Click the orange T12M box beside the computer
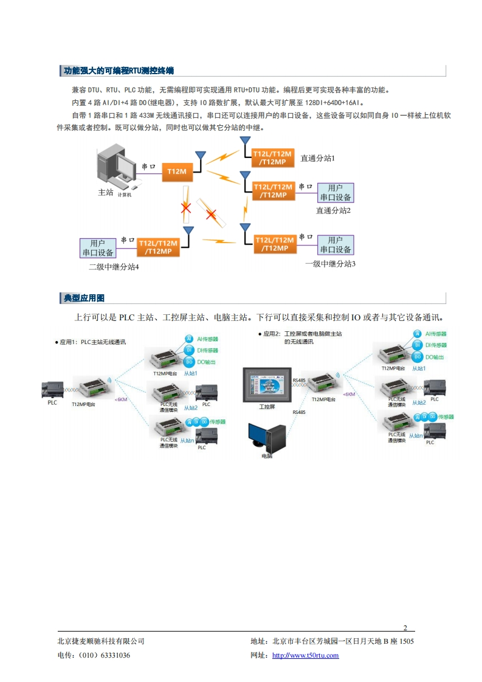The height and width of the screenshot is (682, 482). point(177,172)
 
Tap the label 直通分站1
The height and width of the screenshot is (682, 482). point(318,158)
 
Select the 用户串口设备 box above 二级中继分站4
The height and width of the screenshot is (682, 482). point(97,248)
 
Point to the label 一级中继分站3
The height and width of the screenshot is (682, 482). point(330,264)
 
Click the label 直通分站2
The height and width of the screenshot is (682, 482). point(334,210)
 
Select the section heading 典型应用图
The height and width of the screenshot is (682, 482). point(84,298)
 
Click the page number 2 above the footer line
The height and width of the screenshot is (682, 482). point(405,628)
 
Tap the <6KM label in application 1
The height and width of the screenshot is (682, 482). point(121,399)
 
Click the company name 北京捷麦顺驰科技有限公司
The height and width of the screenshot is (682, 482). point(101,641)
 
